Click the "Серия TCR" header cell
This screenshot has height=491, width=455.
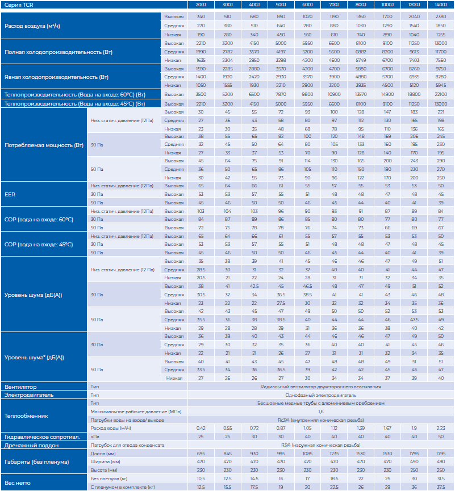[x=19, y=5]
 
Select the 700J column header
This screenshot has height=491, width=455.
[x=334, y=5]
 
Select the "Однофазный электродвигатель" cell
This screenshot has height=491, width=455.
[x=320, y=395]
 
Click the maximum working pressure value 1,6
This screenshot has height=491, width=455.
[x=320, y=412]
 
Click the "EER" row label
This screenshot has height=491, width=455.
[x=10, y=194]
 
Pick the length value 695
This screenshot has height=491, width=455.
[x=201, y=454]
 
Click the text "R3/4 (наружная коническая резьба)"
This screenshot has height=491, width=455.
[x=320, y=445]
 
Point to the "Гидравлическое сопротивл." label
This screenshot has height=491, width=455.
[x=37, y=437]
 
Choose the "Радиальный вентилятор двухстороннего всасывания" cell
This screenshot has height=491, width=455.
[x=320, y=387]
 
